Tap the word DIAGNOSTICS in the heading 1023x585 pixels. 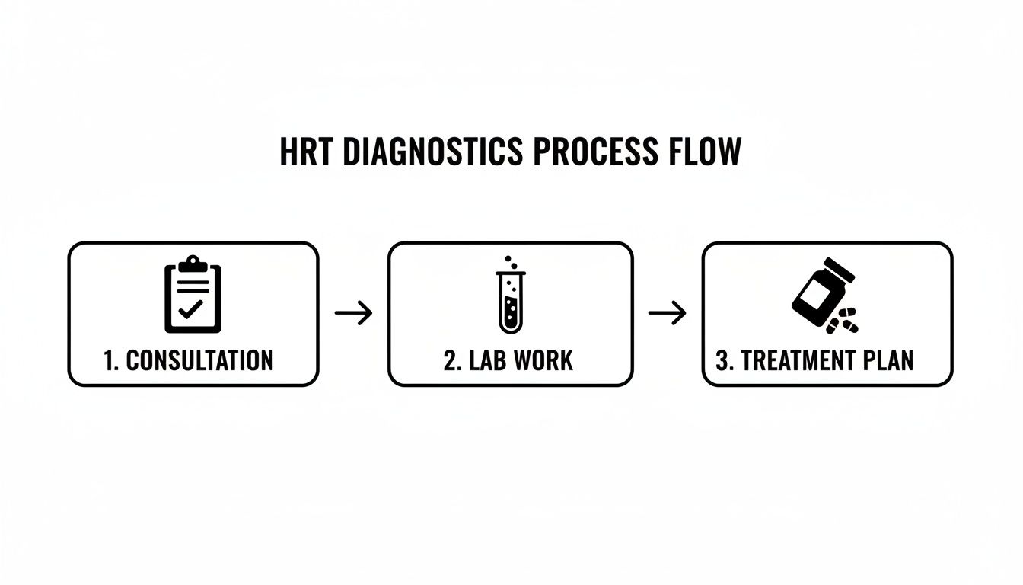(432, 152)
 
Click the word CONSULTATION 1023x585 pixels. (199, 360)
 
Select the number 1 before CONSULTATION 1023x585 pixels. (109, 360)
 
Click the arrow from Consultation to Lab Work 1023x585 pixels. (354, 313)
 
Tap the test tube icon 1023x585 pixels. (510, 302)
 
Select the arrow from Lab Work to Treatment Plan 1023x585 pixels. (667, 313)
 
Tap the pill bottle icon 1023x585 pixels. (821, 289)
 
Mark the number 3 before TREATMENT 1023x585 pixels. (723, 360)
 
